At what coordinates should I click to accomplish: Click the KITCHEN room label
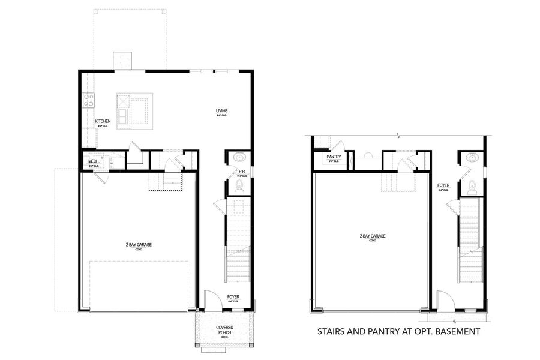click(103, 121)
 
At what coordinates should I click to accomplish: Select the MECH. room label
click(94, 161)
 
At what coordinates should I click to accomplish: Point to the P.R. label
click(242, 172)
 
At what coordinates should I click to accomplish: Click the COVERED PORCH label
click(225, 330)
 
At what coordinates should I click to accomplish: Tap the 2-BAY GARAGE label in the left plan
click(137, 245)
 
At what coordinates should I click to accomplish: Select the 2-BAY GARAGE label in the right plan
click(373, 236)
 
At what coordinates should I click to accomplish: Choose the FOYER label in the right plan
click(443, 185)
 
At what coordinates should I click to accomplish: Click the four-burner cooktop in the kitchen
click(88, 100)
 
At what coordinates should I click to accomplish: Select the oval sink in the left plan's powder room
click(238, 158)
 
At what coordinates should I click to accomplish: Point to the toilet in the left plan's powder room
click(238, 187)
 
